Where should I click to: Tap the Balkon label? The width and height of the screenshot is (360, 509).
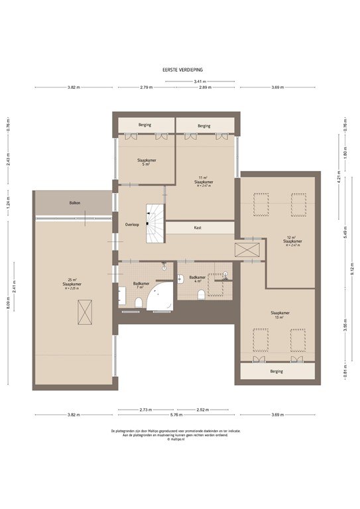[74, 203]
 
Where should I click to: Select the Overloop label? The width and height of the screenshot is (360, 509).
[132, 225]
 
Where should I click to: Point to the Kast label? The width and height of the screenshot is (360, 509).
[198, 227]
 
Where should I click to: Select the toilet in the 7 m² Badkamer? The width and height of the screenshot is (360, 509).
[138, 302]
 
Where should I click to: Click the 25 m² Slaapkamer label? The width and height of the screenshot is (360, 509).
[74, 284]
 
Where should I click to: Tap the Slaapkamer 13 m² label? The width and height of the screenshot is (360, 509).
[279, 315]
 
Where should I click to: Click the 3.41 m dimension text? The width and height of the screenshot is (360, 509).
[198, 81]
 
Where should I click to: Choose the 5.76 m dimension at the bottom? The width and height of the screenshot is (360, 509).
[177, 416]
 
